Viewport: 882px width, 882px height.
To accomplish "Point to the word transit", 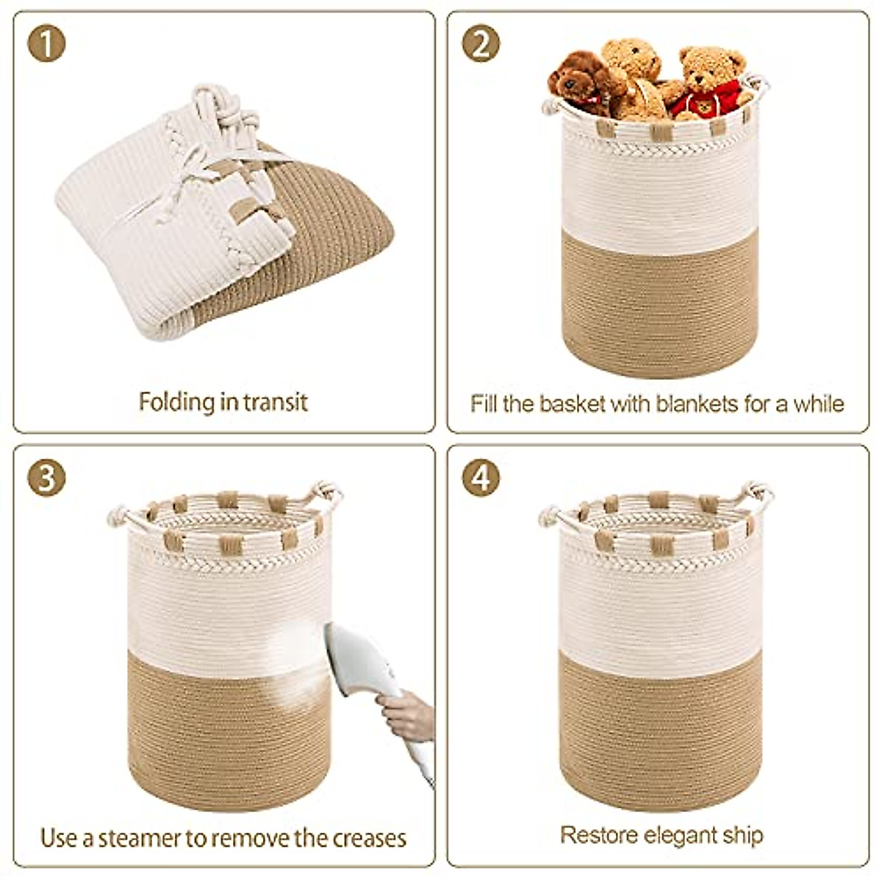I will pos(276,402).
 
